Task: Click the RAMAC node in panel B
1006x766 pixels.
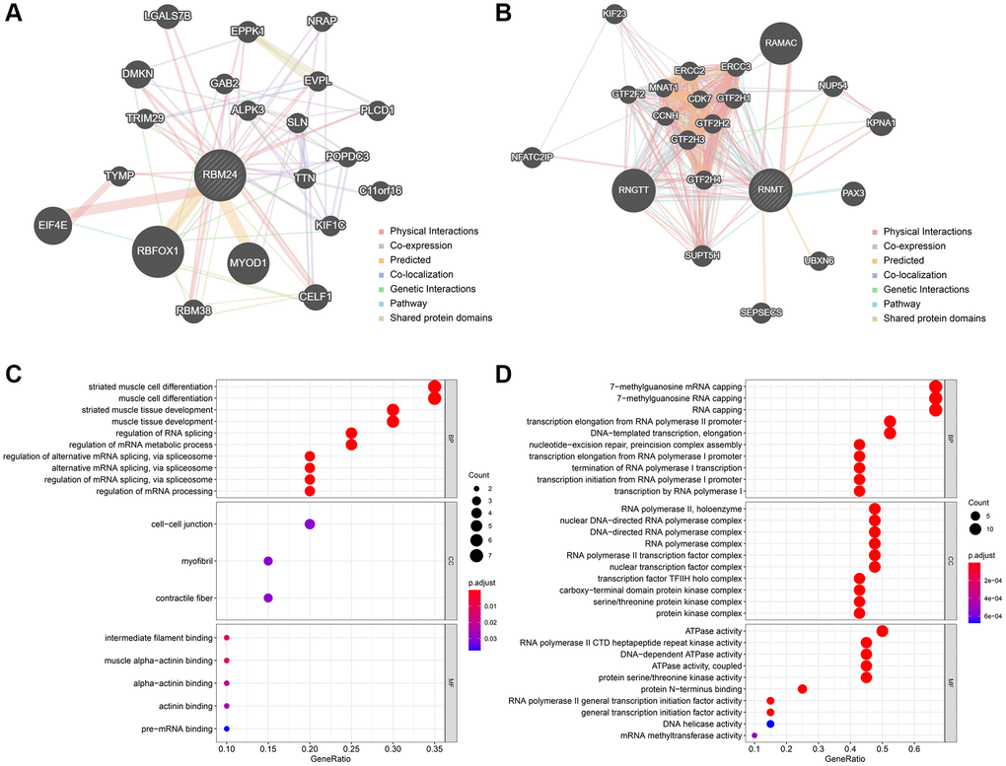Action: (785, 42)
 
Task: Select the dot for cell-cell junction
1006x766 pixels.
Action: (310, 524)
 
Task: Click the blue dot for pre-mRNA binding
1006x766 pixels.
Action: (227, 729)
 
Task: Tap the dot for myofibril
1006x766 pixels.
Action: (268, 561)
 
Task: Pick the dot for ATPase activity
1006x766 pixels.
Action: (883, 631)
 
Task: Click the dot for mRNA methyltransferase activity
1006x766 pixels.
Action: (754, 735)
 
